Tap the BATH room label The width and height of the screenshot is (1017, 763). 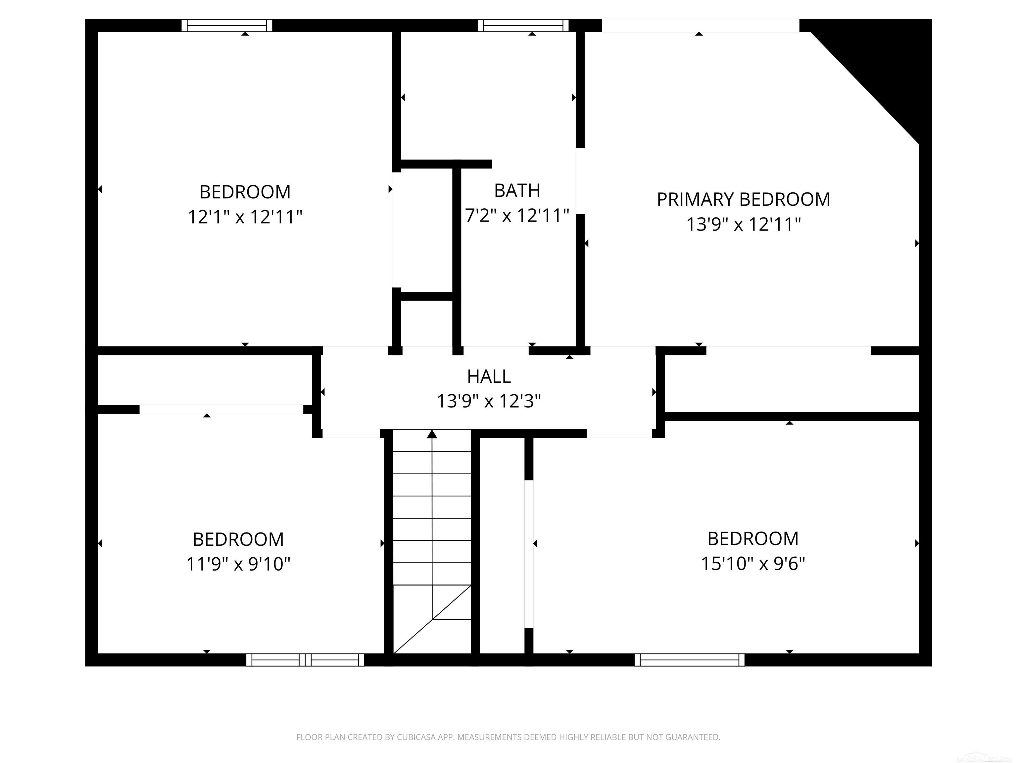(x=517, y=190)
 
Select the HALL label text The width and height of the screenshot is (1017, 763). (x=489, y=377)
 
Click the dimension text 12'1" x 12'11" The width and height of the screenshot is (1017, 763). (x=245, y=217)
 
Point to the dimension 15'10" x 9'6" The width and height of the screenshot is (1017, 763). (x=752, y=563)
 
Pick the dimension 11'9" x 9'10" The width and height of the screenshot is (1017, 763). (x=238, y=564)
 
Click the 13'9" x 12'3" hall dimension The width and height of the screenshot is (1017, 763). (x=488, y=401)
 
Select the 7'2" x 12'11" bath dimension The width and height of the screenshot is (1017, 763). (x=517, y=215)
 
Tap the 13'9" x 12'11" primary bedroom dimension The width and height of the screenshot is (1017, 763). (x=743, y=225)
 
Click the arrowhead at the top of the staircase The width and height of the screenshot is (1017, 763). (x=432, y=434)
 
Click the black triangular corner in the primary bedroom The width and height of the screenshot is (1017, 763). (x=883, y=64)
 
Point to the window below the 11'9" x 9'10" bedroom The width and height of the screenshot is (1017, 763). (x=305, y=660)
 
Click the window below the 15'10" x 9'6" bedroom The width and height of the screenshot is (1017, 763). (x=689, y=660)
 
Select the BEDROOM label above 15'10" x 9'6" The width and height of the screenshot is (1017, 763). (x=752, y=538)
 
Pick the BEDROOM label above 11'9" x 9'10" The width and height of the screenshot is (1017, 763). (x=238, y=539)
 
